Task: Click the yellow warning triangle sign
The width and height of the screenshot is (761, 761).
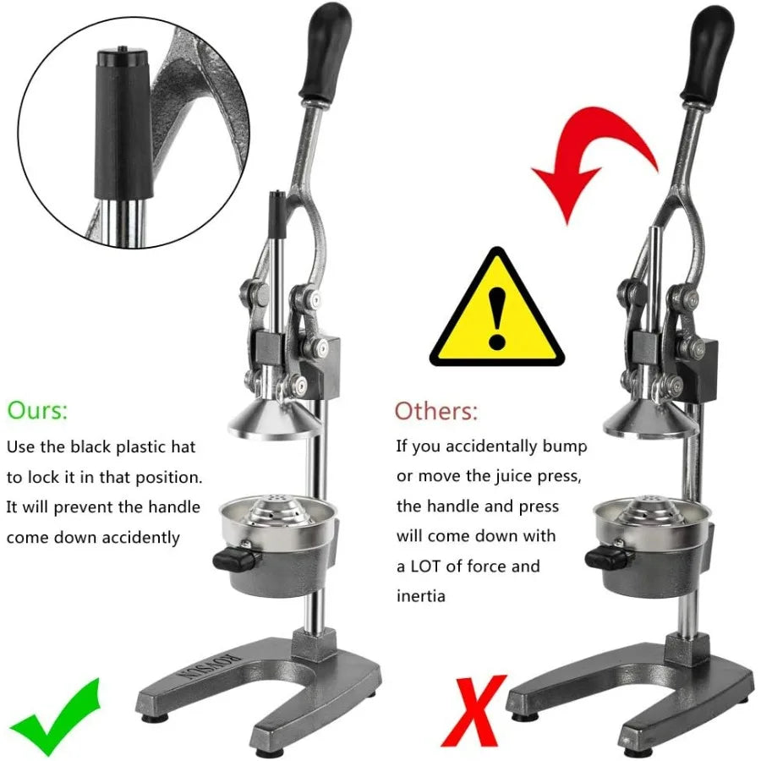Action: [495, 311]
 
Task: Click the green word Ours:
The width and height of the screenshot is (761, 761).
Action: [37, 412]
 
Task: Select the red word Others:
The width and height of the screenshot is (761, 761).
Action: [436, 412]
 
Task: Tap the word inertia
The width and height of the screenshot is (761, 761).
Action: [421, 596]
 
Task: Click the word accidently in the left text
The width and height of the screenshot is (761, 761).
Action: [141, 537]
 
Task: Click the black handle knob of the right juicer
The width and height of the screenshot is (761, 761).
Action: [709, 51]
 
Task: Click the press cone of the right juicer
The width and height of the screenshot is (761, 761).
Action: [650, 420]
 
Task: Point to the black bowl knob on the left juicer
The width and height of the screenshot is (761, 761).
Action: [234, 557]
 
